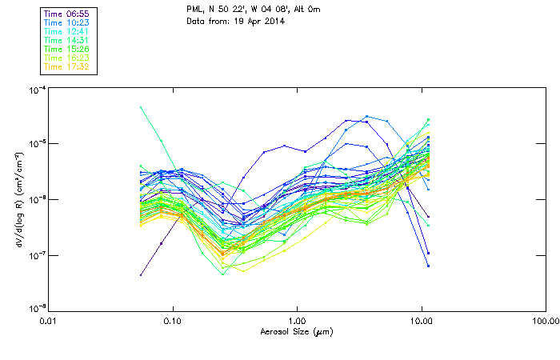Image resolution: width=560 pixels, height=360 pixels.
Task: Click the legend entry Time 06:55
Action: pyautogui.click(x=67, y=14)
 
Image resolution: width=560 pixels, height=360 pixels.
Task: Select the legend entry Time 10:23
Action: pyautogui.click(x=67, y=22)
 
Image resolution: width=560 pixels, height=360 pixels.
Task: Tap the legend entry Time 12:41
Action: pyautogui.click(x=67, y=31)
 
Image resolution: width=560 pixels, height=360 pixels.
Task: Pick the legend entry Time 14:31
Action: pyautogui.click(x=67, y=40)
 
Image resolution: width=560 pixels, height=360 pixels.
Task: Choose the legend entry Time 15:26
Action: pyautogui.click(x=67, y=49)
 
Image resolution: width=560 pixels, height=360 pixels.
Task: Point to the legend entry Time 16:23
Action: pyautogui.click(x=67, y=58)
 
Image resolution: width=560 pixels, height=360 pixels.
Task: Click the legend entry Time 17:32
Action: pyautogui.click(x=67, y=66)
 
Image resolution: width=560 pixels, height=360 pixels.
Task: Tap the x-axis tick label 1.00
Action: pyautogui.click(x=297, y=322)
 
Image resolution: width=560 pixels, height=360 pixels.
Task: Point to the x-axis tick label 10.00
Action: pyautogui.click(x=421, y=322)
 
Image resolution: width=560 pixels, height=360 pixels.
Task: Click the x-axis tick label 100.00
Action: pyautogui.click(x=544, y=322)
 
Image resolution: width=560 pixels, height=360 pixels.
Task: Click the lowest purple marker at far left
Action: pyautogui.click(x=141, y=274)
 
